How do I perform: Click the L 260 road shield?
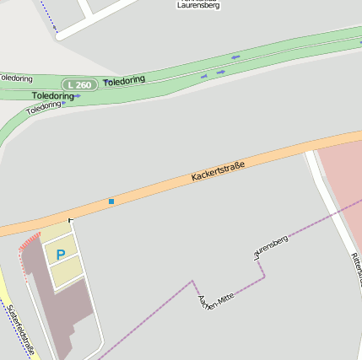click(78, 84)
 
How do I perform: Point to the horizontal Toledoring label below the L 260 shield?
click(52, 96)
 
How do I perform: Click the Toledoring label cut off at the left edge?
click(16, 78)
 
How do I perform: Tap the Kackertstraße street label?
click(218, 171)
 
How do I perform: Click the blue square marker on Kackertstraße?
click(111, 201)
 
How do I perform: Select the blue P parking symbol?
click(60, 254)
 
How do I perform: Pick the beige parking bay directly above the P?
click(56, 232)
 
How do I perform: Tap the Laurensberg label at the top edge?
click(199, 5)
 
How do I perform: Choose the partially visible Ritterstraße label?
click(355, 269)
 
